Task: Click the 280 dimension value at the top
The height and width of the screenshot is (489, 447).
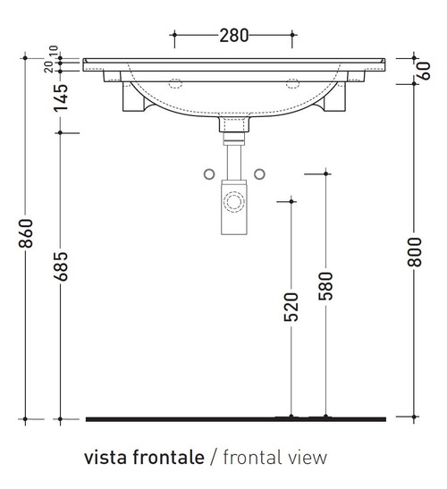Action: point(233,36)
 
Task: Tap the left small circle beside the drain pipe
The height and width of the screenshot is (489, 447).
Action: point(209,173)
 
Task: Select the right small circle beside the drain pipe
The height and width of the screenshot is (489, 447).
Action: point(260,173)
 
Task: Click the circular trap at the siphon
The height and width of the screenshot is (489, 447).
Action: point(234,201)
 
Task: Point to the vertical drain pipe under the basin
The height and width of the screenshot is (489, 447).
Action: point(234,160)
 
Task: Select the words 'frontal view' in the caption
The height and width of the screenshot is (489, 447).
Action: point(274,458)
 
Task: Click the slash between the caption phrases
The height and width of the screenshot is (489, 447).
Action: point(213,458)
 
